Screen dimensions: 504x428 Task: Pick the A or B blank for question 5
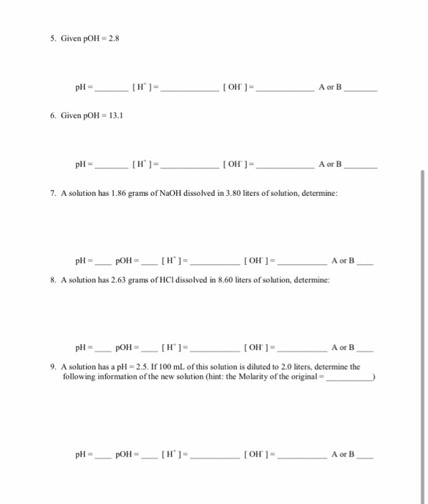tap(360, 91)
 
